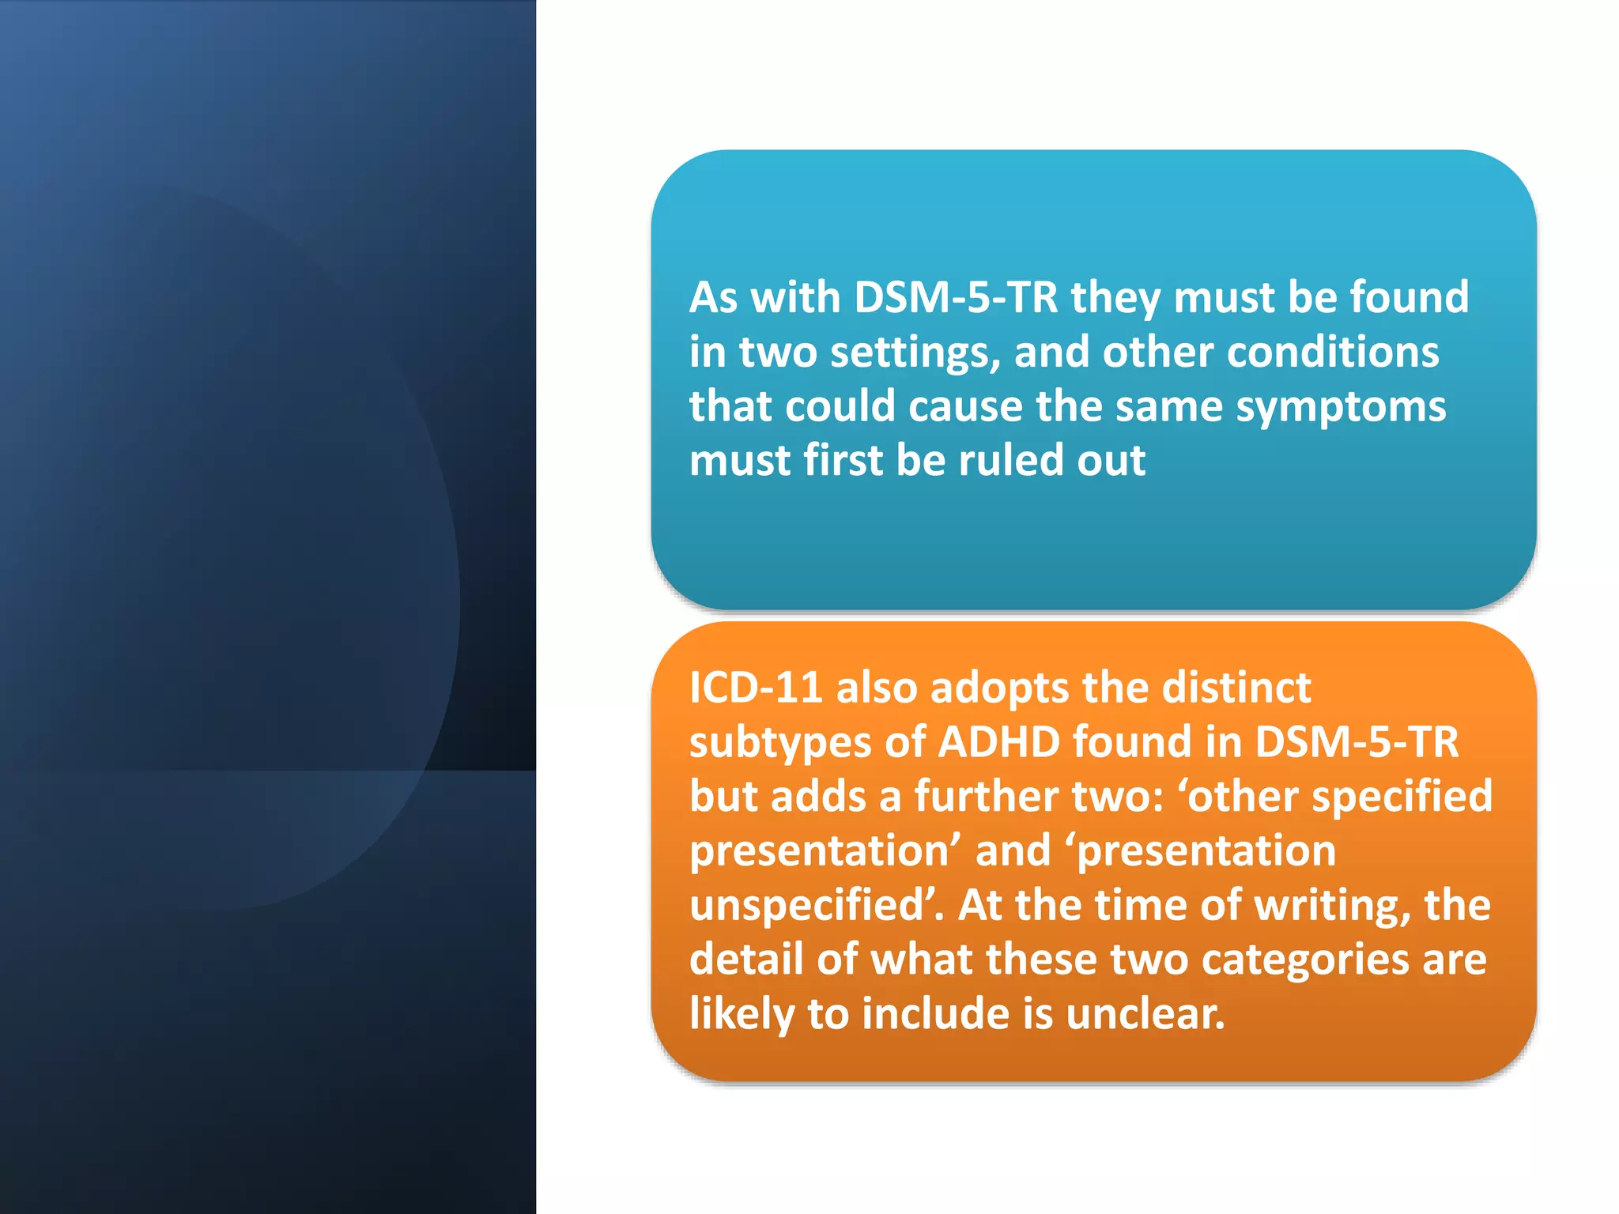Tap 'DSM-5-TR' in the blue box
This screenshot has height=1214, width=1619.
coord(956,298)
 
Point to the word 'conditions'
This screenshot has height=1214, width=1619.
coord(1270,352)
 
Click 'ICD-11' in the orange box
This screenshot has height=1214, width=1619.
coord(756,688)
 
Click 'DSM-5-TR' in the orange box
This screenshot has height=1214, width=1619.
coord(1357,742)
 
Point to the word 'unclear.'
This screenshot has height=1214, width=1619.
coord(1145,1014)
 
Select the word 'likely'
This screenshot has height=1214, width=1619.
coord(742,1015)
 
